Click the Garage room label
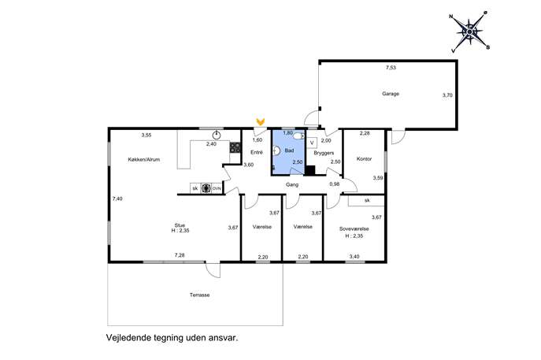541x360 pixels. [x=391, y=94]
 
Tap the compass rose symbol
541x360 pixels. [x=469, y=32]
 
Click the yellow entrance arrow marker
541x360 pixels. [x=261, y=121]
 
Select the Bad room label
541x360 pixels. [x=289, y=150]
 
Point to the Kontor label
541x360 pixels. [x=364, y=159]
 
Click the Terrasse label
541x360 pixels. [x=199, y=295]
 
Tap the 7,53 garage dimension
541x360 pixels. [x=391, y=68]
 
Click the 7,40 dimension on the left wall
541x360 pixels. [x=117, y=199]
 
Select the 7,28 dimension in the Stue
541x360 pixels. [x=180, y=255]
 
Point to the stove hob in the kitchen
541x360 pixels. [x=235, y=147]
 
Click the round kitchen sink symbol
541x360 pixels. [x=217, y=135]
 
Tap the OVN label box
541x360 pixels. [x=217, y=188]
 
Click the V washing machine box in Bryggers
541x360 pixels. [x=313, y=143]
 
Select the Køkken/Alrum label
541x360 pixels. [x=144, y=159]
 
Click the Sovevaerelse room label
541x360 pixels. [x=354, y=228]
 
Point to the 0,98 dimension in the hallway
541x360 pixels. [x=335, y=184]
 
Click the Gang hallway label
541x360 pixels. [x=292, y=184]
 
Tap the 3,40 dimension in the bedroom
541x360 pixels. [x=354, y=257]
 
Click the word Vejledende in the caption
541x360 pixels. [x=128, y=338]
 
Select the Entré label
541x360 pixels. [x=257, y=152]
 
